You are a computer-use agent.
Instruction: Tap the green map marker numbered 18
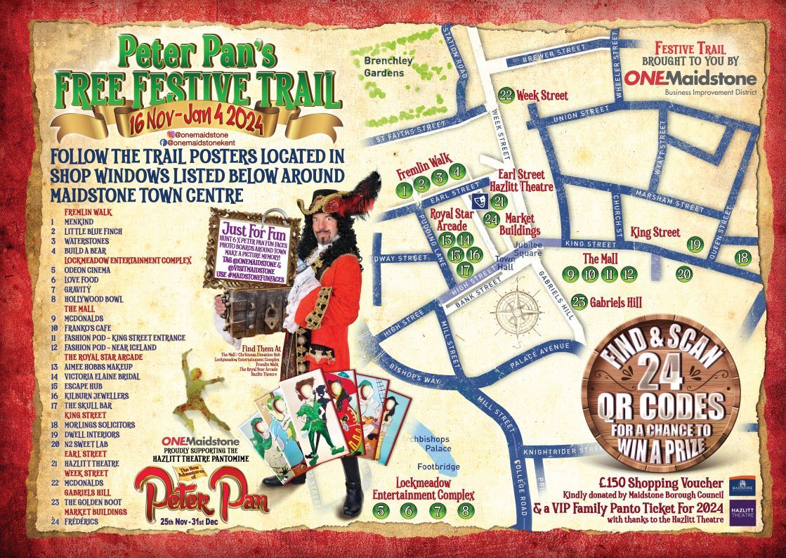[742, 258]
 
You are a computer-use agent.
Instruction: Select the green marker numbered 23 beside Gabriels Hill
[579, 301]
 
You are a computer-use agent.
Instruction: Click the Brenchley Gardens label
[384, 67]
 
